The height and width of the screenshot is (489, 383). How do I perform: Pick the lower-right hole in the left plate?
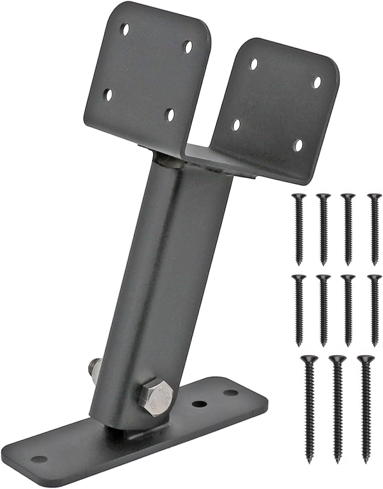click(x=171, y=115)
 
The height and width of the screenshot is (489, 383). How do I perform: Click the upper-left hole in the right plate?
click(x=254, y=64)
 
